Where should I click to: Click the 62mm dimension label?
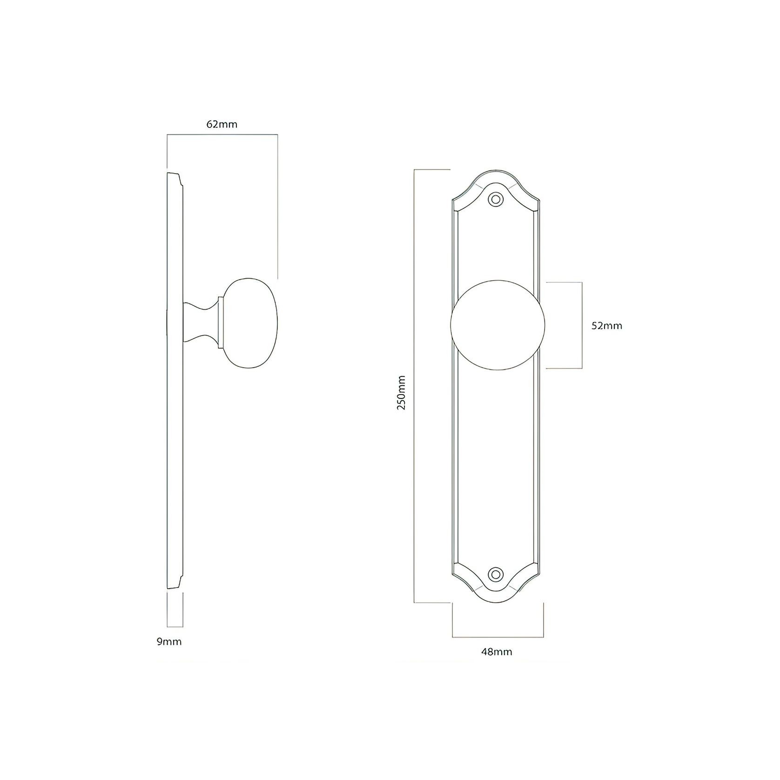pos(222,125)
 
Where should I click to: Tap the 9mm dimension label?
pos(169,642)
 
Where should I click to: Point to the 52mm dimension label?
pos(606,326)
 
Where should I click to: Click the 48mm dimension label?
pos(497,652)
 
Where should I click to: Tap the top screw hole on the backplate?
pos(497,200)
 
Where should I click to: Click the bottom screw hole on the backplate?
pos(497,573)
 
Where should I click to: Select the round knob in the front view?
pos(498,325)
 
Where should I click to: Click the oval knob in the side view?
pos(250,324)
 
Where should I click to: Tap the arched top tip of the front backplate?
pos(497,171)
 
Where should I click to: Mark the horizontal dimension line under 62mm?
pos(222,135)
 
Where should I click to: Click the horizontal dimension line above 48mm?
pos(498,637)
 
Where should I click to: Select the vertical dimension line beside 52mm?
pos(582,325)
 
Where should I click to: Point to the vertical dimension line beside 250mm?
pos(415,386)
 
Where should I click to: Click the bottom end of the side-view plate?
pos(173,588)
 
